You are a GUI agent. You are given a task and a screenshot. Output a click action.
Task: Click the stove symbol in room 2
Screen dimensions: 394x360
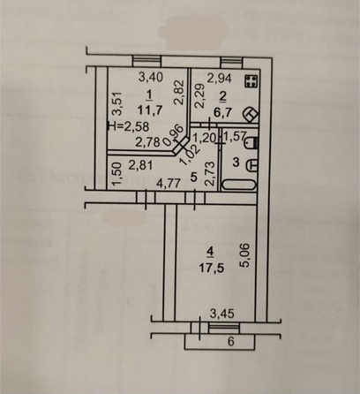click(251, 81)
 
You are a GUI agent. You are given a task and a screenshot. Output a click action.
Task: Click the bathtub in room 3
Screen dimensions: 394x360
click(239, 185)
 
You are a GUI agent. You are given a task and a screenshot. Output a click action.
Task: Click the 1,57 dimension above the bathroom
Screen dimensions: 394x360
click(232, 138)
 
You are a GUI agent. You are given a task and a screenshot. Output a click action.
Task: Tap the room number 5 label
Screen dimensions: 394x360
click(194, 176)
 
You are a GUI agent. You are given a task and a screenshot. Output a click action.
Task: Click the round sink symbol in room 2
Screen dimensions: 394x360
click(251, 114)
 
